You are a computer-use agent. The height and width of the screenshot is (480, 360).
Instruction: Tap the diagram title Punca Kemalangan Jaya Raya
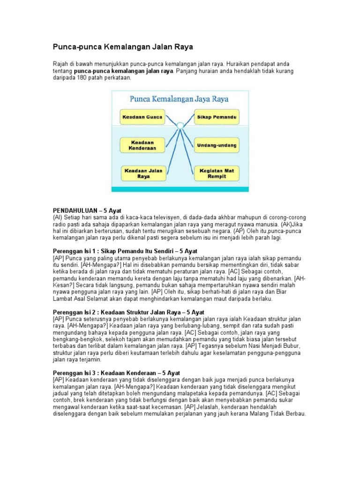[x=180, y=99]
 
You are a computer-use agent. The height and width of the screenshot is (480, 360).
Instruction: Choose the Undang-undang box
[x=217, y=144]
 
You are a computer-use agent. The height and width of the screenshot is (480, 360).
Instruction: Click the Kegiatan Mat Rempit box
[x=217, y=174]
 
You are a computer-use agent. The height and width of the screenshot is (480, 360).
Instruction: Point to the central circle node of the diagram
[x=180, y=125]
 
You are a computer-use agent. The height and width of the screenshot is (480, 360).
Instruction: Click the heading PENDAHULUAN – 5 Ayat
[x=87, y=211]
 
